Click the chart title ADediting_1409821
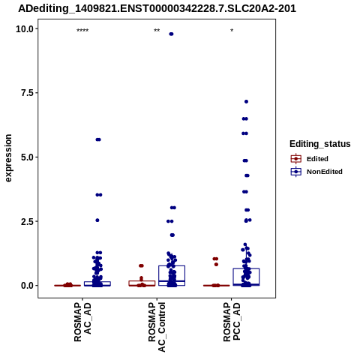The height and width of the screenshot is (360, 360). click(x=157, y=8)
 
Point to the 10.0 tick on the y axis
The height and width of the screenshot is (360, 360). click(x=25, y=29)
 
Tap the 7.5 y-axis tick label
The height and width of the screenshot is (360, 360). click(x=27, y=93)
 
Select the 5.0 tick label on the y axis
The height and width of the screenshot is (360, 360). click(x=27, y=157)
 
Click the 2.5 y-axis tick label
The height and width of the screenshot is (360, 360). click(x=27, y=221)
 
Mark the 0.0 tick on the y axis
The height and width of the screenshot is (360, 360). click(x=27, y=286)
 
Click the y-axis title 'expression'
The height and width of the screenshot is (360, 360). click(x=8, y=158)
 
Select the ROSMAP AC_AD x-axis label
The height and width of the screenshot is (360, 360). click(x=82, y=322)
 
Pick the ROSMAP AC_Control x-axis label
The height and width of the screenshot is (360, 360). click(x=157, y=327)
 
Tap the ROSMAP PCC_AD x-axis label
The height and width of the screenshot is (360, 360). click(x=232, y=322)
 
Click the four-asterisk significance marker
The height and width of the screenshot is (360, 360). click(x=82, y=31)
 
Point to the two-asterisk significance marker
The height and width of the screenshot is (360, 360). click(x=157, y=31)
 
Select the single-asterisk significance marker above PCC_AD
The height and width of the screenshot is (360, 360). click(x=232, y=31)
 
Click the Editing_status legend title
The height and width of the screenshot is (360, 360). click(x=320, y=144)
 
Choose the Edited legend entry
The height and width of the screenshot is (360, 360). click(x=310, y=159)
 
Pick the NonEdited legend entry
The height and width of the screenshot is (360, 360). click(x=316, y=172)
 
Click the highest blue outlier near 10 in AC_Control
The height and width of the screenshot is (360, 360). click(x=171, y=34)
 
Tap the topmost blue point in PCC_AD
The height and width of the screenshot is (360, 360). click(x=246, y=101)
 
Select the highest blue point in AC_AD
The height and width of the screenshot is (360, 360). click(x=98, y=139)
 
